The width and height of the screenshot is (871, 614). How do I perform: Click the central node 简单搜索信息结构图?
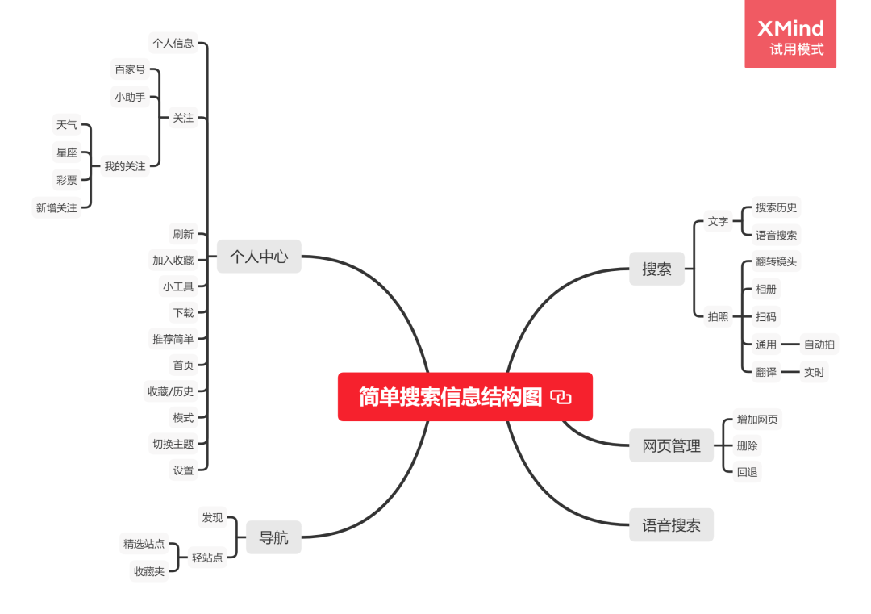pyautogui.click(x=450, y=397)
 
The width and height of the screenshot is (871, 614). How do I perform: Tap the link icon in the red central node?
pyautogui.click(x=561, y=397)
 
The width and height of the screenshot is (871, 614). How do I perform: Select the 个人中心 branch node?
pyautogui.click(x=258, y=257)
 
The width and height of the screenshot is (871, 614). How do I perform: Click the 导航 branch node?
pyautogui.click(x=273, y=537)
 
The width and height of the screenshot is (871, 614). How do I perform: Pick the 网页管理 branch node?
pyautogui.click(x=671, y=445)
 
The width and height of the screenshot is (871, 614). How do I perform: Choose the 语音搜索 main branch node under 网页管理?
pyautogui.click(x=671, y=525)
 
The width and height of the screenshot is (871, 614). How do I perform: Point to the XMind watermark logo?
pyautogui.click(x=790, y=34)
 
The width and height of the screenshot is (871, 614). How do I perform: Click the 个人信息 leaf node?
pyautogui.click(x=173, y=43)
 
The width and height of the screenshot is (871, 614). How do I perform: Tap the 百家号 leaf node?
pyautogui.click(x=130, y=69)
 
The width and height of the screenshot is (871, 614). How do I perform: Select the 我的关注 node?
pyautogui.click(x=125, y=166)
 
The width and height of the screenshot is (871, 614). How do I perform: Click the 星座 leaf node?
pyautogui.click(x=67, y=152)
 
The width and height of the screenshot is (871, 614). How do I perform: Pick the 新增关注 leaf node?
pyautogui.click(x=56, y=208)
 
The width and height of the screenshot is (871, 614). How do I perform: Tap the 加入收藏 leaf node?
pyautogui.click(x=173, y=260)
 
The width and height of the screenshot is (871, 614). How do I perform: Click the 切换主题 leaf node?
pyautogui.click(x=173, y=443)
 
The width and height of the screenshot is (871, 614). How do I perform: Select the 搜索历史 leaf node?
pyautogui.click(x=776, y=207)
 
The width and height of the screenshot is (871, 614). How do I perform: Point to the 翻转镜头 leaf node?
pyautogui.click(x=776, y=261)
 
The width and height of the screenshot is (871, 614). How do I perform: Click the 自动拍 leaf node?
pyautogui.click(x=819, y=345)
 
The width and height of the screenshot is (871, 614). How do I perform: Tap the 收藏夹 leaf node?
pyautogui.click(x=149, y=571)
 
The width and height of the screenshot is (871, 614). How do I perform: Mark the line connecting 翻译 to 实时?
pyautogui.click(x=790, y=372)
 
